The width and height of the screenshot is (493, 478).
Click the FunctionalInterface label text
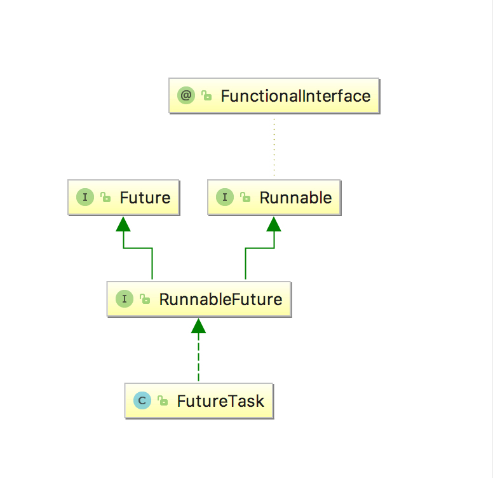(x=295, y=96)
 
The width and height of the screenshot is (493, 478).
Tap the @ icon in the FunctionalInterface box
(x=186, y=95)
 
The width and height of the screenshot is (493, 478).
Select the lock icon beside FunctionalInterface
(x=206, y=95)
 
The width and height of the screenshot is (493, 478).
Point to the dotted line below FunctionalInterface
(x=274, y=147)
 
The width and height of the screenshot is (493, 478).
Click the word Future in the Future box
(x=145, y=198)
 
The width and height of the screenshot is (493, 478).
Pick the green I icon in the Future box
(x=85, y=197)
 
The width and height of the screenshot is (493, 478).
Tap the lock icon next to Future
(x=105, y=197)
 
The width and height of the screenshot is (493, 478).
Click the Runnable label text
(x=295, y=198)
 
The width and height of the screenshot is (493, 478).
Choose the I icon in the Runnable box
(x=225, y=197)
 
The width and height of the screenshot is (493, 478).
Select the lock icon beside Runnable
(x=245, y=197)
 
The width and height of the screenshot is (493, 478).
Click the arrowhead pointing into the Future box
(x=123, y=224)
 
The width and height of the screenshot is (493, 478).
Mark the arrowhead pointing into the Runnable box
(x=274, y=224)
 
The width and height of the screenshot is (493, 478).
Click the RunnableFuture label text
(x=220, y=299)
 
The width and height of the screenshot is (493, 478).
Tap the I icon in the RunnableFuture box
(x=125, y=299)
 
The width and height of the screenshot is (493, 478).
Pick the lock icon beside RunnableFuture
(x=145, y=299)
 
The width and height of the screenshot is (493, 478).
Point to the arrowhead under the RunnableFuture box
(x=198, y=326)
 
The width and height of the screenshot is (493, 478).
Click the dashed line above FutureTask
(x=198, y=358)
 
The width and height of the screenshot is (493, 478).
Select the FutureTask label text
(x=220, y=401)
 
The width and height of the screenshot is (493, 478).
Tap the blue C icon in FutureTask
(x=142, y=400)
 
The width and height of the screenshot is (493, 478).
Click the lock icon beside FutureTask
(x=163, y=400)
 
